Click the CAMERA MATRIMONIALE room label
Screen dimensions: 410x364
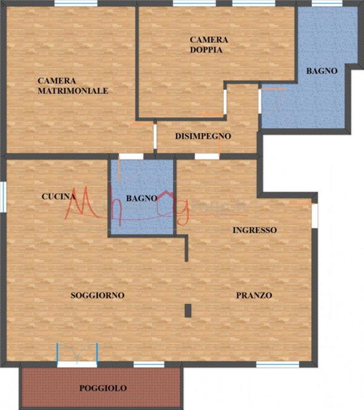73,86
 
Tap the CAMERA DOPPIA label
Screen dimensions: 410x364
209,45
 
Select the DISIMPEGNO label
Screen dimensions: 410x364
203,136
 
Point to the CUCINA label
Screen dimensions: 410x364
58,197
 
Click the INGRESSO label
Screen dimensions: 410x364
255,230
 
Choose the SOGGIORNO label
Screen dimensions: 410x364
97,295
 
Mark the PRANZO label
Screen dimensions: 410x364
254,295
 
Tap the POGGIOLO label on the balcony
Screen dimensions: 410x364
103,388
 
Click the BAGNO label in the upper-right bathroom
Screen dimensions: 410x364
322,71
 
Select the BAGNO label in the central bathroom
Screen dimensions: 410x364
141,198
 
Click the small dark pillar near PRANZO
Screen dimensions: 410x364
188,310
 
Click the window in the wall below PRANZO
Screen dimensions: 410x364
277,365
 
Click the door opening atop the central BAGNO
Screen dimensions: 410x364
131,156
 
